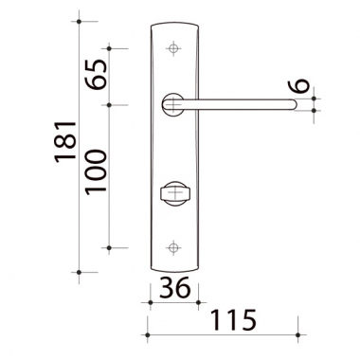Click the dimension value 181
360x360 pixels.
click(66, 142)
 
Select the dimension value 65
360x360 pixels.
click(96, 74)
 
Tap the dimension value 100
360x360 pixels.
click(96, 171)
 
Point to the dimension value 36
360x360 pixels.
click(175, 287)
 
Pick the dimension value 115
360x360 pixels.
click(233, 320)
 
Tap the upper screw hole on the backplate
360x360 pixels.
click(173, 48)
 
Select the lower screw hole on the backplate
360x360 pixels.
click(173, 248)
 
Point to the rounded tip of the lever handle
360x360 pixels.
click(295, 105)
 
